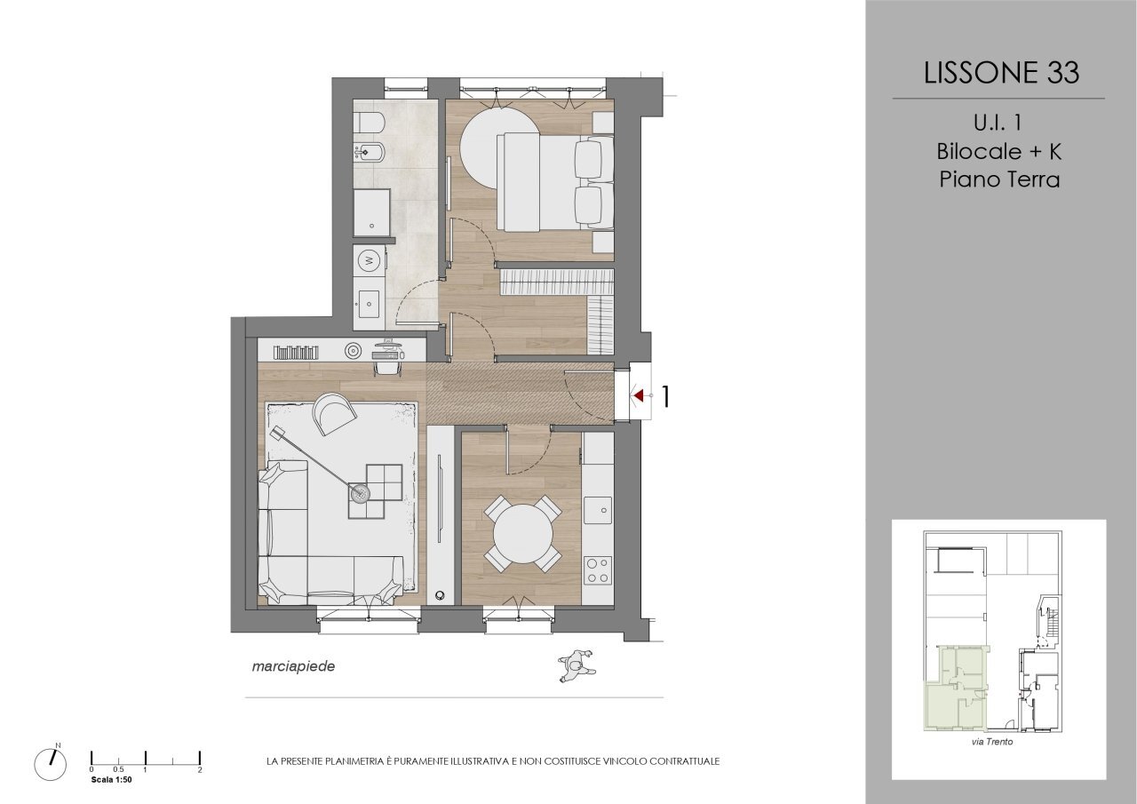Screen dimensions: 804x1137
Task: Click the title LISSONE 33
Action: (x=1001, y=73)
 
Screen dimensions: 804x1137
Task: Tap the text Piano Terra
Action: (x=999, y=179)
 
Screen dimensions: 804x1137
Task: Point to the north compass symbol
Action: (x=50, y=762)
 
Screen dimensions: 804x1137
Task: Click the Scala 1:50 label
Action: (x=111, y=779)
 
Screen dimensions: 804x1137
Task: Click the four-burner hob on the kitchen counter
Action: (x=599, y=569)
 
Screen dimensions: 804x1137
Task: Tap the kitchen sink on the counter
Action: (x=599, y=510)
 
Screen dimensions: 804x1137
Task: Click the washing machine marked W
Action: (x=369, y=261)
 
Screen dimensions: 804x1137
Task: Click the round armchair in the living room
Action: (x=335, y=413)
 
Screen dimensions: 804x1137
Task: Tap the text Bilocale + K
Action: (x=999, y=150)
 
